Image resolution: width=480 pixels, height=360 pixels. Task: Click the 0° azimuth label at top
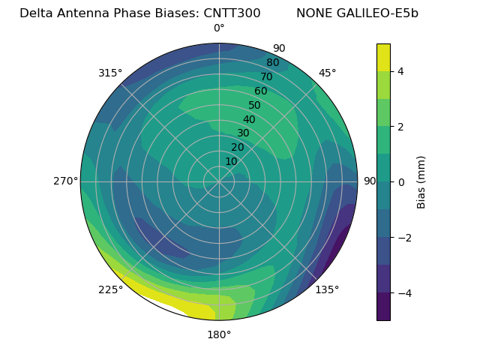(x=219, y=28)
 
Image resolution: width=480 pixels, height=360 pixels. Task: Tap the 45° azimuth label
(x=327, y=73)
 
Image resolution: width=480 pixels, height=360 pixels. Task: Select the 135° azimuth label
(x=327, y=289)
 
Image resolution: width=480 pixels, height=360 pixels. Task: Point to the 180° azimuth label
(x=219, y=334)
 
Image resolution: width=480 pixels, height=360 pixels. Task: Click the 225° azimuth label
(x=110, y=289)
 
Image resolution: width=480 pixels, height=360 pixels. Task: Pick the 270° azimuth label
(x=66, y=181)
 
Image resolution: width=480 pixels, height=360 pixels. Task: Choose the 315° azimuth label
(x=110, y=73)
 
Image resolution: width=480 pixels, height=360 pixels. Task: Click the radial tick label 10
(x=231, y=161)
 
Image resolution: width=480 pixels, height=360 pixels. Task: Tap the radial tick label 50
(x=255, y=106)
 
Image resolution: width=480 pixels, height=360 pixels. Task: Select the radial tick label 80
(x=272, y=63)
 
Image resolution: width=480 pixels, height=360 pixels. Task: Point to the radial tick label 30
(x=243, y=133)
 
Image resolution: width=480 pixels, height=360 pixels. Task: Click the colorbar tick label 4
(x=401, y=71)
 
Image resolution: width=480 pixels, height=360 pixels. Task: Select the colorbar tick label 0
(x=401, y=182)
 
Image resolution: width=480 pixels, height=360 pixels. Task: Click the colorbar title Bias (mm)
(x=421, y=182)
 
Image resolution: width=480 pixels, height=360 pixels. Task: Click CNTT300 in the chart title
(x=232, y=13)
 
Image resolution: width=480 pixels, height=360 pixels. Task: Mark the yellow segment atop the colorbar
(x=383, y=57)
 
